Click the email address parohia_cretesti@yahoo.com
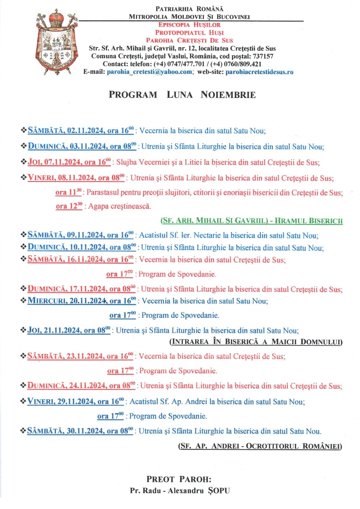[149, 72]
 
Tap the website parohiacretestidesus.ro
[259, 72]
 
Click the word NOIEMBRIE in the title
[228, 95]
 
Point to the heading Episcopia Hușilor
[189, 25]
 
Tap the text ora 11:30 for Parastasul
[68, 192]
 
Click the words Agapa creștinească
[120, 206]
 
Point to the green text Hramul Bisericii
[308, 220]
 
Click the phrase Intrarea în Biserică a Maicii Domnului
[256, 342]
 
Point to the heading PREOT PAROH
[179, 479]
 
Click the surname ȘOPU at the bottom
[218, 491]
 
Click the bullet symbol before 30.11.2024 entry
[23, 431]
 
